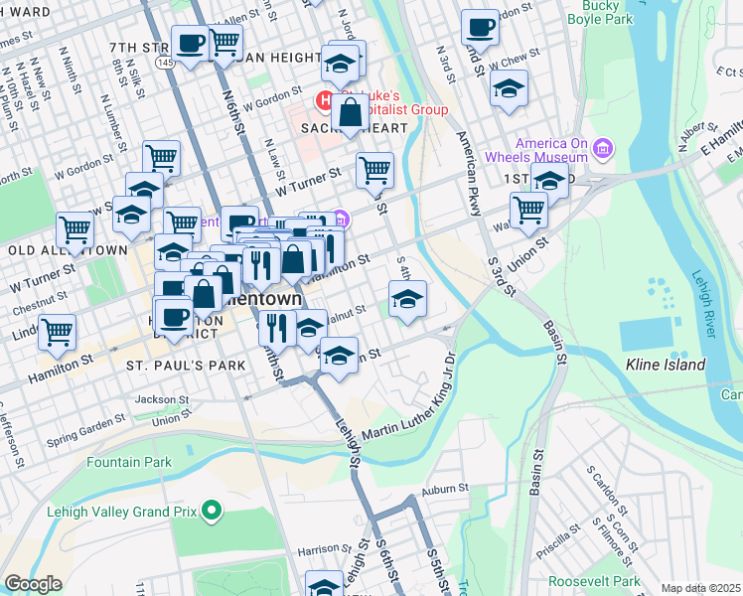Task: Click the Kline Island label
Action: (665, 365)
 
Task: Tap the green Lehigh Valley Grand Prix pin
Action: (210, 512)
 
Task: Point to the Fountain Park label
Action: (128, 462)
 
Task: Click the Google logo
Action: (33, 584)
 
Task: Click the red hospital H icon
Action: (323, 100)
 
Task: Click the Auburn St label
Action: (444, 489)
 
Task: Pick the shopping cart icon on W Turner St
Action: (374, 170)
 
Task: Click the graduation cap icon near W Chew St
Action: (509, 90)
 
